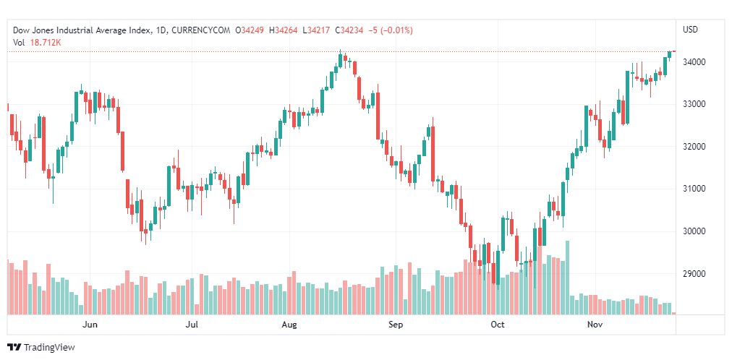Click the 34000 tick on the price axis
click(x=696, y=62)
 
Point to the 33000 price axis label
click(x=696, y=104)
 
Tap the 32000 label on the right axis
click(x=696, y=147)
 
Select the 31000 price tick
click(x=696, y=189)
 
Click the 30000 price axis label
click(x=696, y=231)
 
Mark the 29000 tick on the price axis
click(x=696, y=274)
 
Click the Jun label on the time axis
click(x=90, y=325)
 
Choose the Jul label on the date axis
click(x=192, y=325)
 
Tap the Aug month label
click(x=289, y=325)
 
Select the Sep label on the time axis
click(x=395, y=325)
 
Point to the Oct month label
click(x=498, y=325)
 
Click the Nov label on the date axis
click(x=595, y=325)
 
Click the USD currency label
click(x=690, y=30)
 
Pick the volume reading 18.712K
click(x=46, y=43)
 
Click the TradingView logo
click(x=41, y=347)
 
